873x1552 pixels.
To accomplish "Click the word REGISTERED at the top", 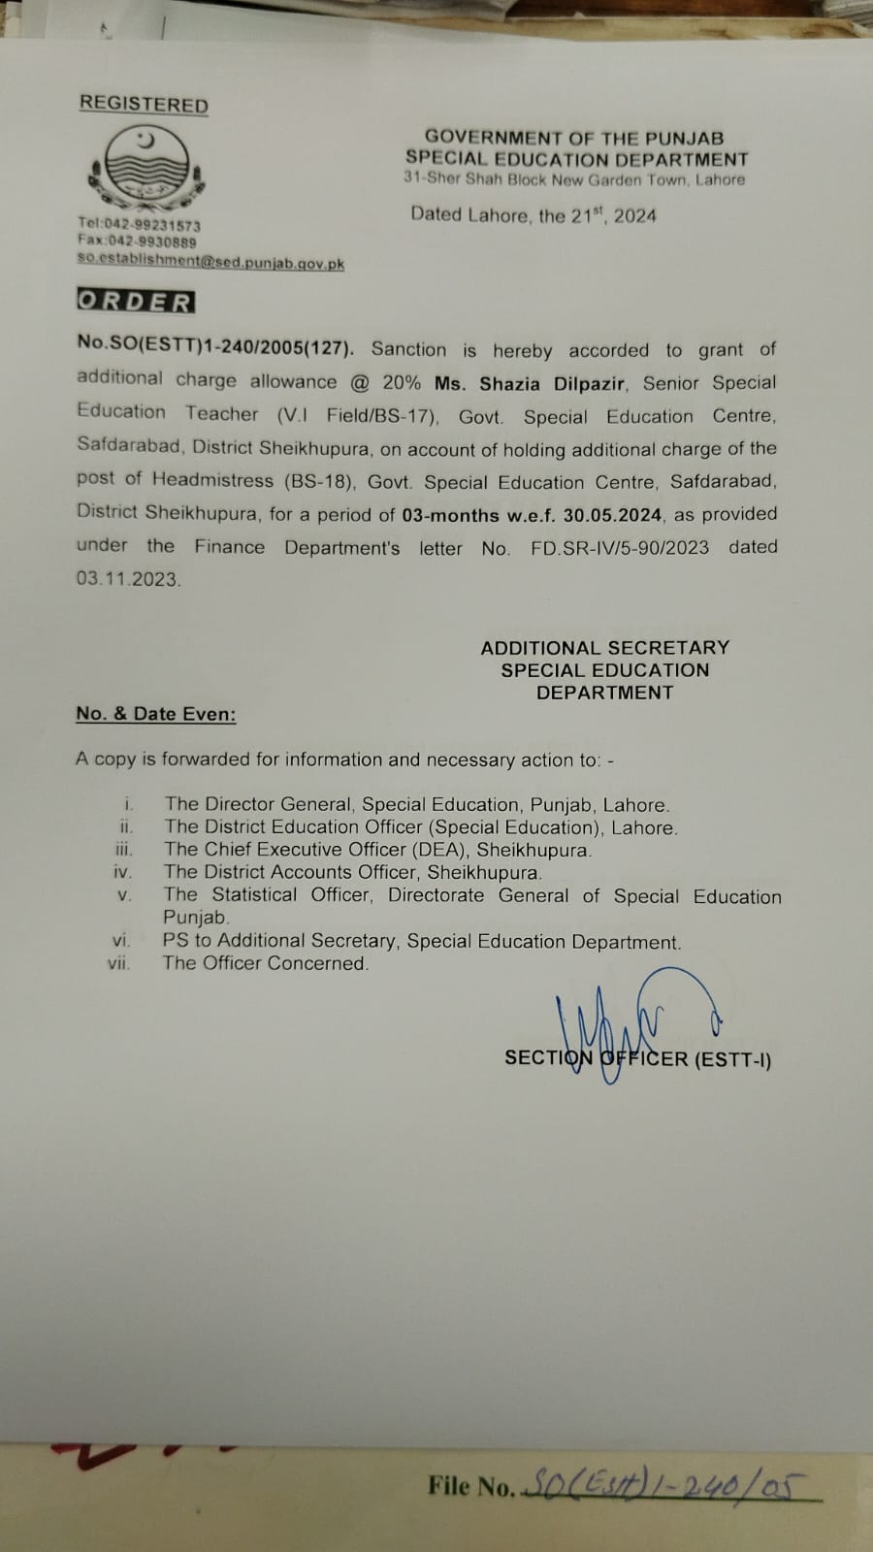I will (x=144, y=104).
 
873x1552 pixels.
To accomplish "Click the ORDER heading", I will (x=135, y=302).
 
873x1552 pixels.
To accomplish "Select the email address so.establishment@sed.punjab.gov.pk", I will (x=210, y=262).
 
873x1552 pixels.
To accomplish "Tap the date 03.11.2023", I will (x=128, y=579).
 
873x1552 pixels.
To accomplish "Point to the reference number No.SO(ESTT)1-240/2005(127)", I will (x=216, y=348).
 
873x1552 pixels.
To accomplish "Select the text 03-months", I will (x=447, y=514).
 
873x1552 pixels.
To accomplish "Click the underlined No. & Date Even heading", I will (x=155, y=714).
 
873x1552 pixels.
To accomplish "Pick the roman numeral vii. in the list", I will (x=119, y=964).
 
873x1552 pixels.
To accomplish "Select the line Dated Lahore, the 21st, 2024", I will (x=533, y=214).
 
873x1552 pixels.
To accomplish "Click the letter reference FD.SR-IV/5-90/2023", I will (x=619, y=547).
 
